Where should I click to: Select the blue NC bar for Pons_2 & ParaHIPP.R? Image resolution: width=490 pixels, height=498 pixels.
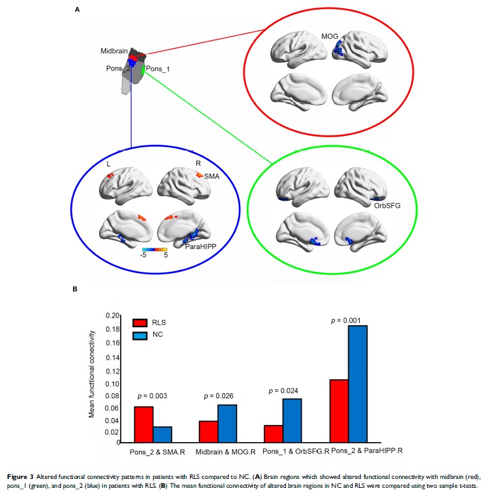click(x=357, y=384)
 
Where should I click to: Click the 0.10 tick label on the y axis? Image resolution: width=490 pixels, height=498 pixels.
click(x=113, y=384)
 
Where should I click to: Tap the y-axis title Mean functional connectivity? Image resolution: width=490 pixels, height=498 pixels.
click(x=93, y=373)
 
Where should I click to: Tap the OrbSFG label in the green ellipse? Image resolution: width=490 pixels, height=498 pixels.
click(x=384, y=205)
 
